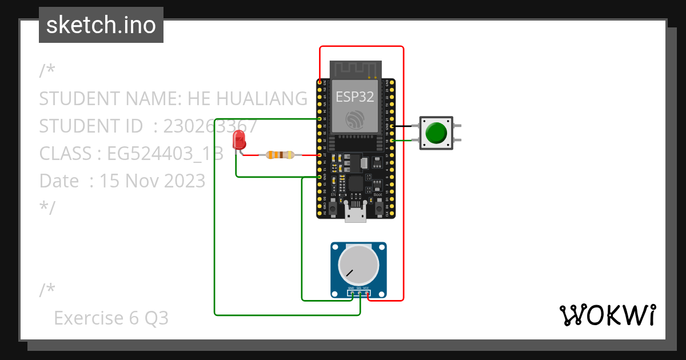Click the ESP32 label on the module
[354, 97]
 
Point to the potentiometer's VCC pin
[367, 293]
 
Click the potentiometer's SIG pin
[360, 293]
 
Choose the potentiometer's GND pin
[352, 293]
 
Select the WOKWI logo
[607, 315]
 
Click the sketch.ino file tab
[101, 25]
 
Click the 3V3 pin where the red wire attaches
[319, 83]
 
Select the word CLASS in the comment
[65, 153]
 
